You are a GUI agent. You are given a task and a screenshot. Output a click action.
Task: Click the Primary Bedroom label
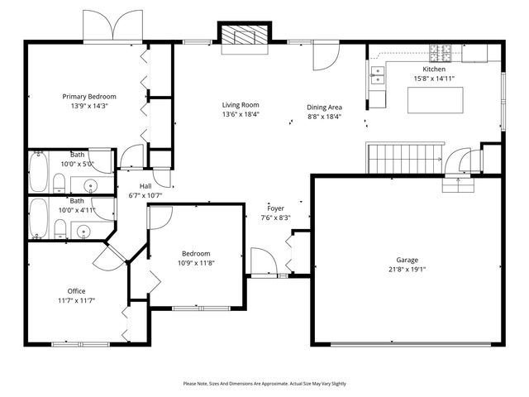[90, 96]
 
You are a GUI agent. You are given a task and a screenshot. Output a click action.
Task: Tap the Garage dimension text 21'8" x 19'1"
[407, 270]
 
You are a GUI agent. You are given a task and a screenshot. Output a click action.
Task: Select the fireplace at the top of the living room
[244, 35]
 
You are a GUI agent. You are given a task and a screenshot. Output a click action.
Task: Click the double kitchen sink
[379, 78]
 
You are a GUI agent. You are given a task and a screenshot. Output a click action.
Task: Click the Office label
[77, 290]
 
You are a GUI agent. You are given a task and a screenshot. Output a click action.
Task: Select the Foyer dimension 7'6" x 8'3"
[275, 218]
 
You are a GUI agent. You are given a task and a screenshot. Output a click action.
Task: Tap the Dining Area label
[324, 107]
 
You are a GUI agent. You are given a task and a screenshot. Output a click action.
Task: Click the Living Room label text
[241, 104]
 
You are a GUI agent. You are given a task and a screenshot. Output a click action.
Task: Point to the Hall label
[145, 186]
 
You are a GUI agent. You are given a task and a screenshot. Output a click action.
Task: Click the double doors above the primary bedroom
[111, 26]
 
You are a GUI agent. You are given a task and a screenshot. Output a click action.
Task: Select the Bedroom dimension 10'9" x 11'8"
[196, 263]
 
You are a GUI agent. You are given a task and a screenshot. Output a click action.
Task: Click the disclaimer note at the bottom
[264, 384]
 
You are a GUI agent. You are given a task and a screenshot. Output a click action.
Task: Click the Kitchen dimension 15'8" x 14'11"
[434, 79]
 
